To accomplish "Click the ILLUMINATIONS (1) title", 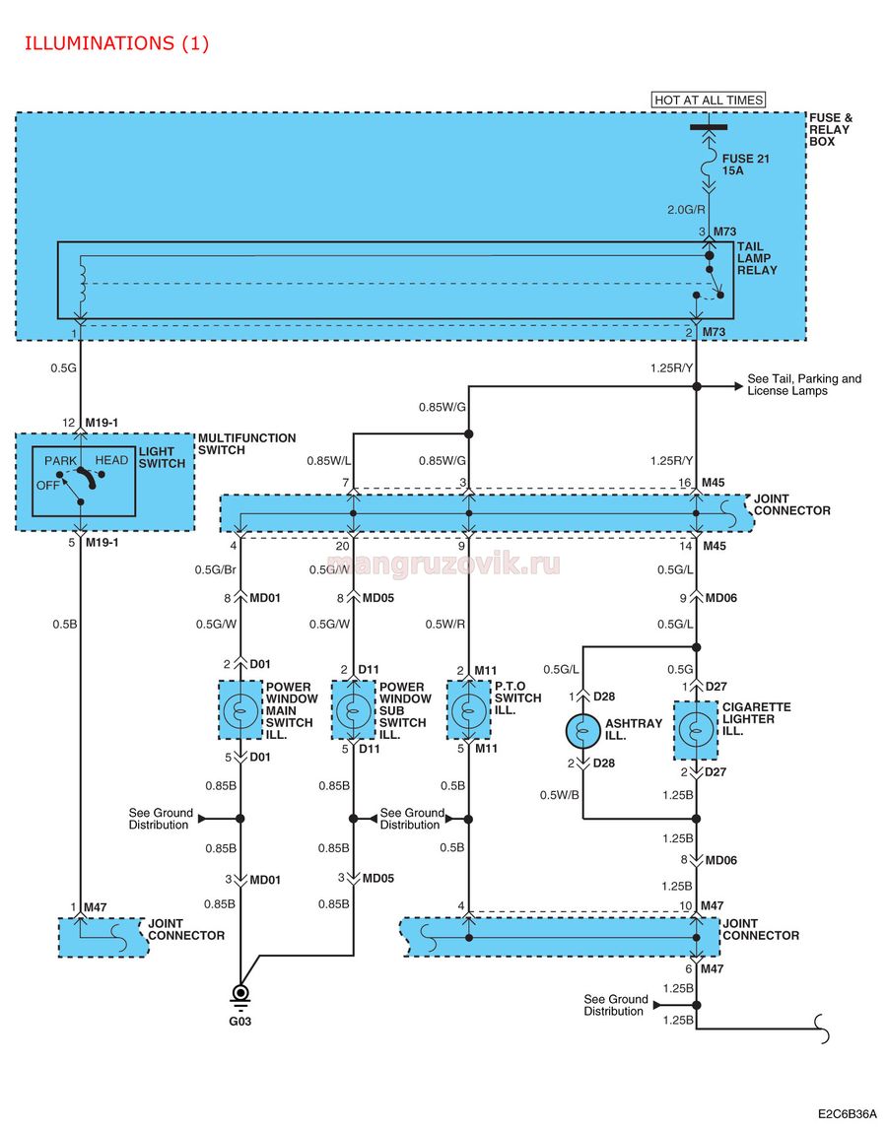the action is [x=117, y=43].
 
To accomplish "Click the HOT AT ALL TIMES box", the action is [x=709, y=100].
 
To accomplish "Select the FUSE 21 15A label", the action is [x=746, y=165].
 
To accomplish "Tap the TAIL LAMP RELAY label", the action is [x=757, y=258].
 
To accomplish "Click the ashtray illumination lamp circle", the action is [x=582, y=731].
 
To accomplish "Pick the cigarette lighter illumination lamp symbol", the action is [x=696, y=730].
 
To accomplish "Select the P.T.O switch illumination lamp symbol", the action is [x=469, y=710].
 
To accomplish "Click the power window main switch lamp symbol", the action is [x=240, y=710].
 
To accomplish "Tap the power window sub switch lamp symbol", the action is [x=354, y=710].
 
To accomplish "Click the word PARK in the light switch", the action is [x=60, y=461].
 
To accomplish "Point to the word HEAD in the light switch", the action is [x=111, y=460].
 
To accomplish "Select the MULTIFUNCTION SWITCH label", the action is [x=246, y=444].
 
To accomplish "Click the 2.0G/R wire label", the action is [x=686, y=210].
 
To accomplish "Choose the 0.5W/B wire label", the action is [x=560, y=795].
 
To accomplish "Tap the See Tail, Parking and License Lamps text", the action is [x=804, y=385].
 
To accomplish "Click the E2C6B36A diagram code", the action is [x=848, y=1113].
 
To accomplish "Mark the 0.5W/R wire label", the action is [x=444, y=624].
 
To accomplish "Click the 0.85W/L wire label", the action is [x=329, y=460].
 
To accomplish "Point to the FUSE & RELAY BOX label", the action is [x=830, y=130].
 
